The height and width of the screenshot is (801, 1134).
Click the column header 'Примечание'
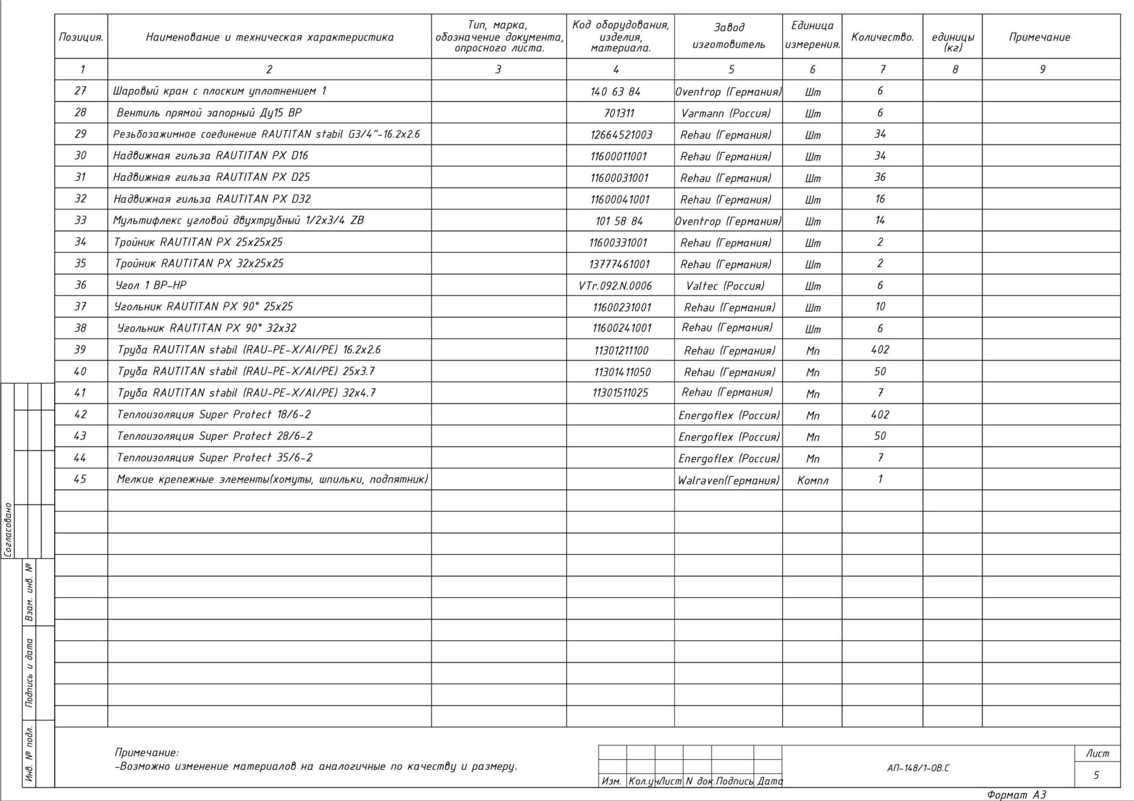point(1039,37)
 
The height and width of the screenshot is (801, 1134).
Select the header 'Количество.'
point(882,37)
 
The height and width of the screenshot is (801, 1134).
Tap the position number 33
point(80,220)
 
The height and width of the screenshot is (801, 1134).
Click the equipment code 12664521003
point(621,134)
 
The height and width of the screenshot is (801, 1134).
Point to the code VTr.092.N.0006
point(616,285)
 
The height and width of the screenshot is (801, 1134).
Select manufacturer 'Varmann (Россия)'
point(726,113)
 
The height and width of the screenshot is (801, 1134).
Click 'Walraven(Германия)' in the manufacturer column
point(728,480)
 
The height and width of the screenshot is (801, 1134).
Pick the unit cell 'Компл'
point(813,480)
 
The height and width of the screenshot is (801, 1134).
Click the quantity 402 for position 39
point(880,350)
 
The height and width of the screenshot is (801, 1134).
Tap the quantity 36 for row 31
point(880,177)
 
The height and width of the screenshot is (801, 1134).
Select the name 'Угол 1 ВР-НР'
point(151,285)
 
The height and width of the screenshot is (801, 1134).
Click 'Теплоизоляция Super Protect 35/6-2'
point(215,458)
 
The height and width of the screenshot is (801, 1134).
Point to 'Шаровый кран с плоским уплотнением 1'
point(220,90)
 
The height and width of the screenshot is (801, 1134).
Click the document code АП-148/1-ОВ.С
point(918,768)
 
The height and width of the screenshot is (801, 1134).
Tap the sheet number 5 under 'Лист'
point(1096,775)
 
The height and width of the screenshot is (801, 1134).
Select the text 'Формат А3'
point(1017,795)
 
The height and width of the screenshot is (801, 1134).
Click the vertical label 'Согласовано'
point(8,530)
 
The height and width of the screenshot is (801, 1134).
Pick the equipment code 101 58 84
point(619,221)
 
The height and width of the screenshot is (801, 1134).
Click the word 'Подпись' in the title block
point(734,781)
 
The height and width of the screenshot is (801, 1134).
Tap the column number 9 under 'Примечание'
point(1042,69)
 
